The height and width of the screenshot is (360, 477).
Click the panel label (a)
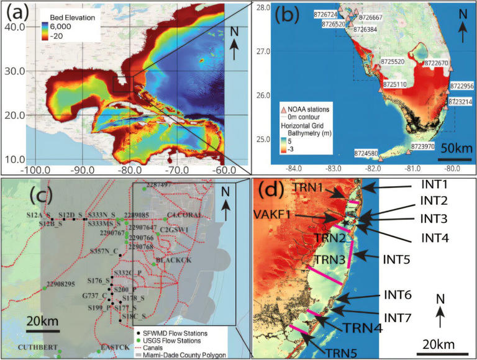coord(19,12)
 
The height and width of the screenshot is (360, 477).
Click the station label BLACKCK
coord(169,259)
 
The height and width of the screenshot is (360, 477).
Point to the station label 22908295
coord(60,284)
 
